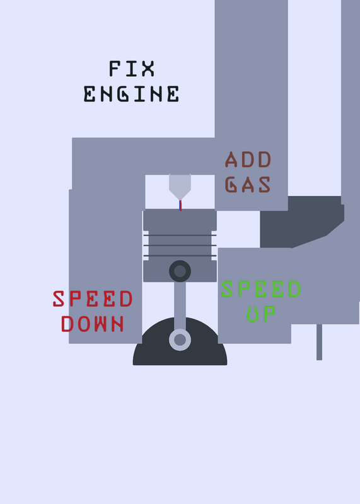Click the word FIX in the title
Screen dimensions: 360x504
tap(132, 69)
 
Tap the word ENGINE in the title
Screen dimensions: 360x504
tap(131, 94)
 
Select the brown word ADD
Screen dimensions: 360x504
tap(248, 159)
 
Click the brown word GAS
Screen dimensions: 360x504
tap(248, 185)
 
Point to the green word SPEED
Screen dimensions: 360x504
tap(261, 289)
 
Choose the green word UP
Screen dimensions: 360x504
tap(261, 314)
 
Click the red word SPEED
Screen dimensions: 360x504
tap(93, 299)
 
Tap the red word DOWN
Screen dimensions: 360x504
tap(93, 324)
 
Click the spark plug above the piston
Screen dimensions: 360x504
tap(180, 187)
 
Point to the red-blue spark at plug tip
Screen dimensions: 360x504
tap(180, 205)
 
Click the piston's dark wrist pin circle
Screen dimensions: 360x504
tap(180, 271)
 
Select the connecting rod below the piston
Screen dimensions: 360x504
tap(180, 306)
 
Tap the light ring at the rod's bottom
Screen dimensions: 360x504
tap(180, 340)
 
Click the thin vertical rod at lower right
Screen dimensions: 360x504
tap(319, 342)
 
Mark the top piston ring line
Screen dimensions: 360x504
tap(180, 235)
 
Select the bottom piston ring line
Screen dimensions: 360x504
tap(180, 256)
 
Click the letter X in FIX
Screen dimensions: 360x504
tap(148, 69)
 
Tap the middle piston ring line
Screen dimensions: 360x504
tap(180, 245)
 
